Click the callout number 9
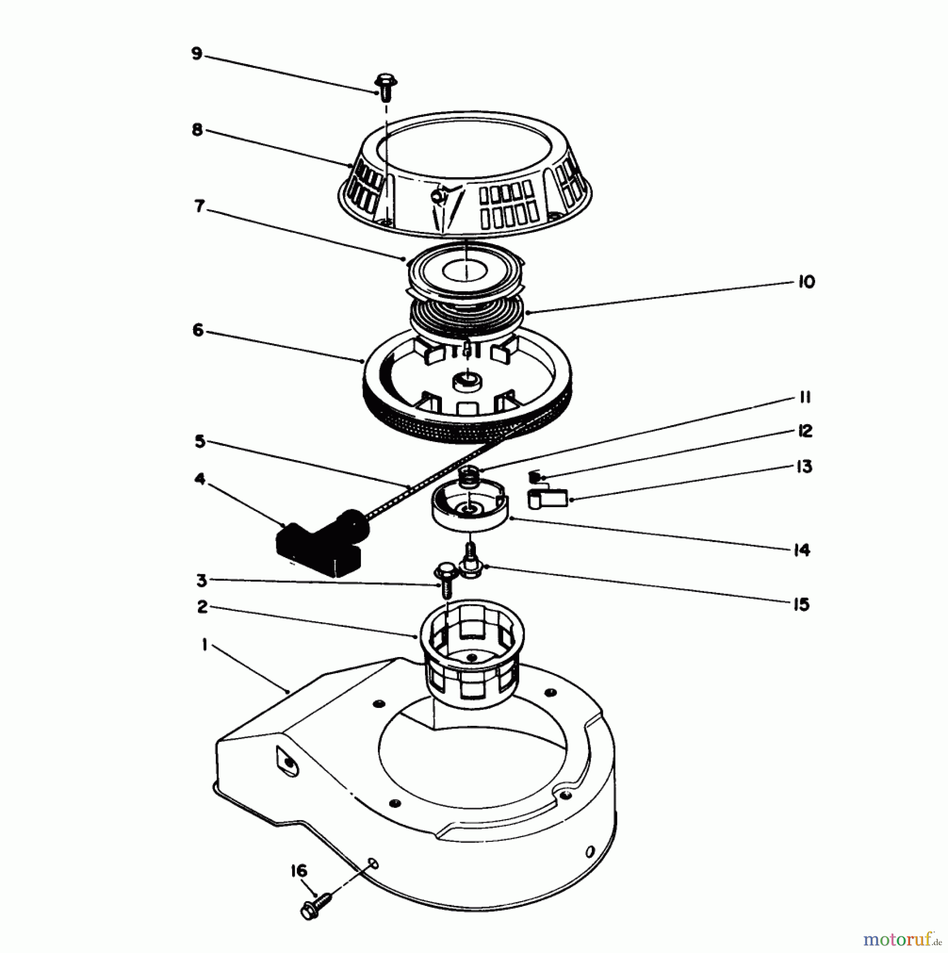coord(197,54)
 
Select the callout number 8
coord(197,130)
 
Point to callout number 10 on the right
coord(806,282)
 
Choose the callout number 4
coord(200,479)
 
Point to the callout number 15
coord(802,604)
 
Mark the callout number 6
coord(197,331)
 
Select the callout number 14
coord(802,550)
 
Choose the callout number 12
coord(805,431)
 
